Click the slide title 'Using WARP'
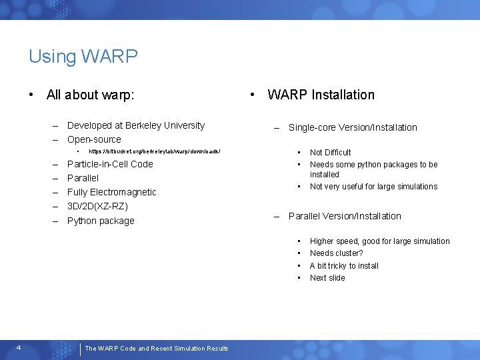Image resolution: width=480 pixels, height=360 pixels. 83,56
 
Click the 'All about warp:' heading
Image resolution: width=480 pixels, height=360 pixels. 90,95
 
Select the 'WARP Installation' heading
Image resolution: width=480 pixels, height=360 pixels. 321,95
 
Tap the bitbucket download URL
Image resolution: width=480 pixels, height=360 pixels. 154,152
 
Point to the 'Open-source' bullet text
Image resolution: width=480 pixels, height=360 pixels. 94,139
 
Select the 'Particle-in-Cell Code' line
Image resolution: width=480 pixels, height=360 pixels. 110,164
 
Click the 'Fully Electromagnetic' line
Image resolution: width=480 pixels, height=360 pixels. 111,192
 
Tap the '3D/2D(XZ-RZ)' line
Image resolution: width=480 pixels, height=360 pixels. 97,206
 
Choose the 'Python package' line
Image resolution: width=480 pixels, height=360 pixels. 101,221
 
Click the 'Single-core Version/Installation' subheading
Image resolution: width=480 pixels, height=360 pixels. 353,127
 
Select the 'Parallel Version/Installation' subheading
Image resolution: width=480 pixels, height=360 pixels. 345,216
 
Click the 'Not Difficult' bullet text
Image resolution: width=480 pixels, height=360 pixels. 330,153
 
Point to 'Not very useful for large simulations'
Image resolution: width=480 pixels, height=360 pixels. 373,187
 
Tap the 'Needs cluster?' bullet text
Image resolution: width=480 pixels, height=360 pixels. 336,253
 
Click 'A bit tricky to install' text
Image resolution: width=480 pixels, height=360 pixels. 344,265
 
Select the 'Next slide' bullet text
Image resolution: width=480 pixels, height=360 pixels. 327,278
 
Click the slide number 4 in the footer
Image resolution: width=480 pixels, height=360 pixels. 19,347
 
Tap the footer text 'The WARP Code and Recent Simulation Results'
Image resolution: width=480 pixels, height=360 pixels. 157,348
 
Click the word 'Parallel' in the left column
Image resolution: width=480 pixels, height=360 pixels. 83,178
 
